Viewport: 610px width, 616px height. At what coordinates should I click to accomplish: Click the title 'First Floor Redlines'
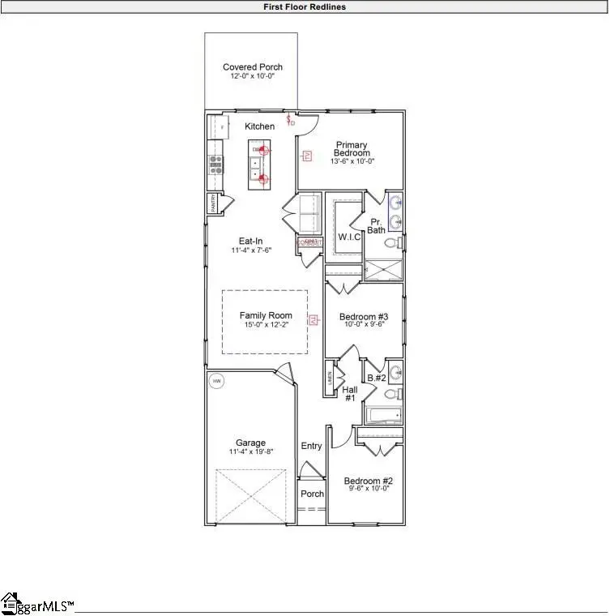point(305,6)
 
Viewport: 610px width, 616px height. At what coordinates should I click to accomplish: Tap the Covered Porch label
point(253,67)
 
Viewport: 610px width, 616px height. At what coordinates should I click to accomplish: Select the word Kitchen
point(260,126)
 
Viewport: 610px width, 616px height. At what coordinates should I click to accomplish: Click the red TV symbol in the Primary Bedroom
point(307,155)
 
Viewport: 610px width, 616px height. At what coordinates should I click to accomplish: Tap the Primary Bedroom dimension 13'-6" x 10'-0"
point(352,161)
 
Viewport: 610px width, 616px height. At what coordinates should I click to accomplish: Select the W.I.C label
point(349,237)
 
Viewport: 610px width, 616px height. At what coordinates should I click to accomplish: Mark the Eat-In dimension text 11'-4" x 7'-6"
point(250,250)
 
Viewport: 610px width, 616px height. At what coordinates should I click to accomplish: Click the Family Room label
point(266,316)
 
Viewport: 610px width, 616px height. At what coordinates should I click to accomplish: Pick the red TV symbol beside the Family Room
point(309,322)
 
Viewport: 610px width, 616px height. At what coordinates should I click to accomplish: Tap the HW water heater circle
point(216,380)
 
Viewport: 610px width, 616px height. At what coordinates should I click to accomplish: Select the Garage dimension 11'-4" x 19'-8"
point(251,451)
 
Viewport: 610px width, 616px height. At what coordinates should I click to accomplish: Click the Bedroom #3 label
point(364,316)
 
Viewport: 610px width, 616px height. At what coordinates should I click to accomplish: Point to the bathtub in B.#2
point(382,417)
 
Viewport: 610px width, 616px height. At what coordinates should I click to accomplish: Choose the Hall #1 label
point(350,393)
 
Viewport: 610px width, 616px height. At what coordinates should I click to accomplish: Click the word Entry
point(311,446)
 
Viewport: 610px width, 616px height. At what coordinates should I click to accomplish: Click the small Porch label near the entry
point(312,494)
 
